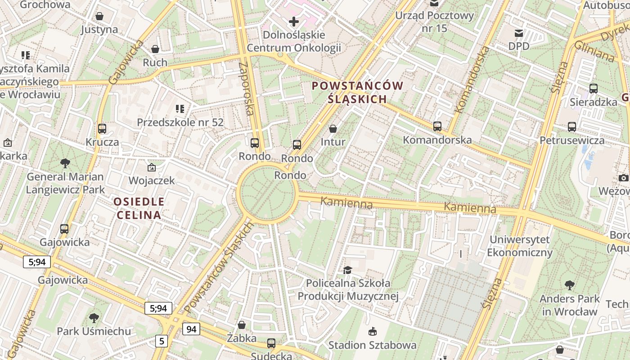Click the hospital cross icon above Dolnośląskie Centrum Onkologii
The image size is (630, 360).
tap(294, 21)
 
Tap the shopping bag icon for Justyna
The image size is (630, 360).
tap(99, 16)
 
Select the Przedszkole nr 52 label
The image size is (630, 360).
tap(180, 122)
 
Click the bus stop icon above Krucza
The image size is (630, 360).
tap(102, 129)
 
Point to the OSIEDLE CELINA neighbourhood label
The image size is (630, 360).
tap(139, 208)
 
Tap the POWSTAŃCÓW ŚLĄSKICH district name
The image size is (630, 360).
tap(357, 92)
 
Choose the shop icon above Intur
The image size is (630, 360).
tap(333, 129)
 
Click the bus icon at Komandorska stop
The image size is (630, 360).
tap(437, 126)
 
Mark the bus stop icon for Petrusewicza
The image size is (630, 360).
tap(572, 127)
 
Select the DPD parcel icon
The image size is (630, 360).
tap(519, 33)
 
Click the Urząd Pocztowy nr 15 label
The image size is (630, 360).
tap(434, 22)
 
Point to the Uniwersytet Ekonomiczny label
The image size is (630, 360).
tap(520, 246)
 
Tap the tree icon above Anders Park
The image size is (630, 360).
tap(569, 285)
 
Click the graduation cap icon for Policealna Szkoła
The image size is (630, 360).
tap(348, 270)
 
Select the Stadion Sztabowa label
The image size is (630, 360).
tap(372, 345)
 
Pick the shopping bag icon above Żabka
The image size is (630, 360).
tap(242, 325)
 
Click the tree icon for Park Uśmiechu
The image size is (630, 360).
tap(94, 318)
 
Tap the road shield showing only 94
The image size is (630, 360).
tap(191, 329)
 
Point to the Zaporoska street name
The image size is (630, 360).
tap(247, 88)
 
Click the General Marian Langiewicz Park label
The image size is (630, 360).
tap(65, 183)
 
